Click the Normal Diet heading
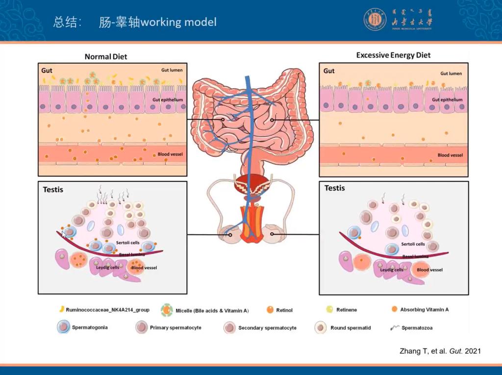[x=105, y=56]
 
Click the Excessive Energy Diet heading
[x=393, y=55]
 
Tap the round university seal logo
[x=375, y=21]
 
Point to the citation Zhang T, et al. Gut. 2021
[x=440, y=351]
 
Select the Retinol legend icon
[x=270, y=310]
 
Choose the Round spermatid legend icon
[x=321, y=327]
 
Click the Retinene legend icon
[x=330, y=309]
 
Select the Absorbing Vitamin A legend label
[x=424, y=309]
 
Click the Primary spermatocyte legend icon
[x=142, y=327]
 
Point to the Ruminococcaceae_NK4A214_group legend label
[x=107, y=310]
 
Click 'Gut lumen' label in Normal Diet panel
[x=172, y=70]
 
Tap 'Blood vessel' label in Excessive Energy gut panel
[x=450, y=155]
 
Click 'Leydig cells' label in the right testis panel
[x=392, y=270]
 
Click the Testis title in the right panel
[x=334, y=188]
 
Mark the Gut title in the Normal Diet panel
[x=47, y=70]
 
